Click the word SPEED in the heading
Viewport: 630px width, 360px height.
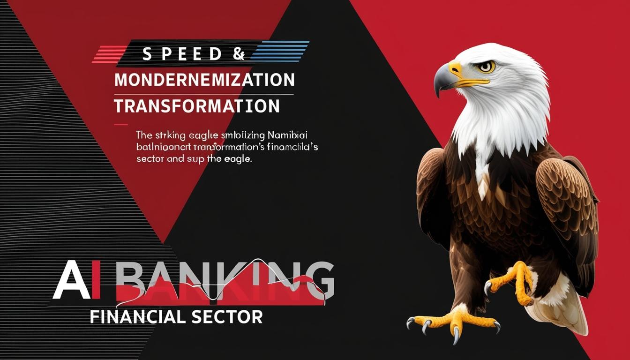[x=181, y=54]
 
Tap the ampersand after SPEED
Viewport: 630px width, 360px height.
[x=238, y=54]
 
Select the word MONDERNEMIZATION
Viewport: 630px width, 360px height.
[x=204, y=80]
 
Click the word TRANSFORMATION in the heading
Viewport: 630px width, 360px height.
[x=197, y=106]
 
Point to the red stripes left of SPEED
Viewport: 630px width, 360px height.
[x=109, y=54]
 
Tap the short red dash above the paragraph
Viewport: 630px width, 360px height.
[x=120, y=125]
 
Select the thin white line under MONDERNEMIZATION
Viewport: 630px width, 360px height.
[x=204, y=94]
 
